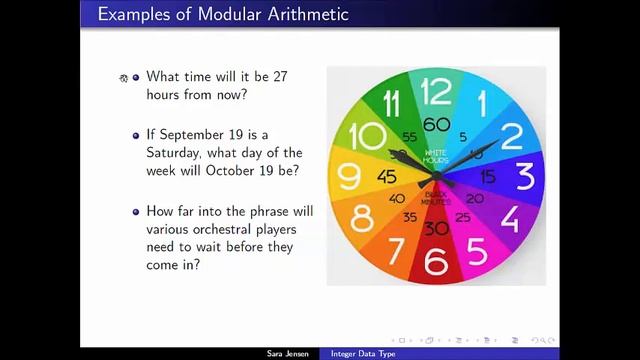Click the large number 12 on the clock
tap(436, 93)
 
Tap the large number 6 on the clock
tap(436, 259)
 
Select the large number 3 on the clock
tap(524, 176)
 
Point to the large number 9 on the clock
tap(349, 176)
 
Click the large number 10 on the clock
tap(368, 136)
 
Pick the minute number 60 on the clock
tap(436, 124)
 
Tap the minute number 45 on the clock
tap(386, 177)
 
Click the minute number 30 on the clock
tap(436, 228)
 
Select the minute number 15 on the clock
tap(488, 177)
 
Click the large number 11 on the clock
tap(393, 103)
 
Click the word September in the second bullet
tap(196, 134)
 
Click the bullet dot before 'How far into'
tap(136, 211)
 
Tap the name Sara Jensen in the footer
tap(288, 354)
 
